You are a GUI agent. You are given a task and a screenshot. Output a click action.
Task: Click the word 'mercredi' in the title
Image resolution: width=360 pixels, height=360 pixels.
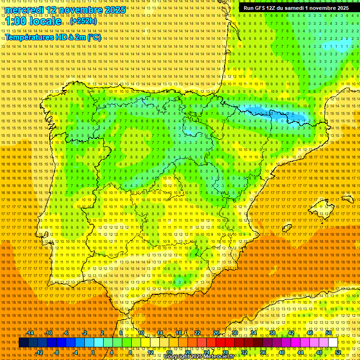25,10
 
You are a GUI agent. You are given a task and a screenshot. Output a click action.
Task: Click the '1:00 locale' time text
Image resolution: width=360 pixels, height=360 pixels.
33,21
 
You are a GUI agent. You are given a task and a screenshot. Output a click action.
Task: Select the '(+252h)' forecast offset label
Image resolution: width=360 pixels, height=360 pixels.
83,21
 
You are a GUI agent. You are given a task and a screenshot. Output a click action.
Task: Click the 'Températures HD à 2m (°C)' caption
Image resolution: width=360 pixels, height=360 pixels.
52,37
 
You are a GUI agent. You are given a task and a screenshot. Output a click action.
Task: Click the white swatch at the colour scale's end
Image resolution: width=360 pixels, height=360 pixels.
333,343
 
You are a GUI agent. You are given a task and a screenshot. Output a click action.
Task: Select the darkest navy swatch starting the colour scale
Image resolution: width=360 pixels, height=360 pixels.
23,343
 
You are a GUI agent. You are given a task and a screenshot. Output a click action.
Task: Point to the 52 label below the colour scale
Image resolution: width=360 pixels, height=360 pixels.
338,352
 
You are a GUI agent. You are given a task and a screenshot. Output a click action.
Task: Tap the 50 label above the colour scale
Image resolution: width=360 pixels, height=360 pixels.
329,333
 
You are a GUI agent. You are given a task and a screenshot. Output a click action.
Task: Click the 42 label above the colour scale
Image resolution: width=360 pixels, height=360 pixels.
291,333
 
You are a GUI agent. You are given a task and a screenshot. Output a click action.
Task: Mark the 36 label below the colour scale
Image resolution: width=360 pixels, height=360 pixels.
263,352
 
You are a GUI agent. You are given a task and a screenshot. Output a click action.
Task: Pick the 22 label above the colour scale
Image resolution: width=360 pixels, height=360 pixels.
197,333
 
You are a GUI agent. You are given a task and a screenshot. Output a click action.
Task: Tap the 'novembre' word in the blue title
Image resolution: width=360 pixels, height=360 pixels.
76,10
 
